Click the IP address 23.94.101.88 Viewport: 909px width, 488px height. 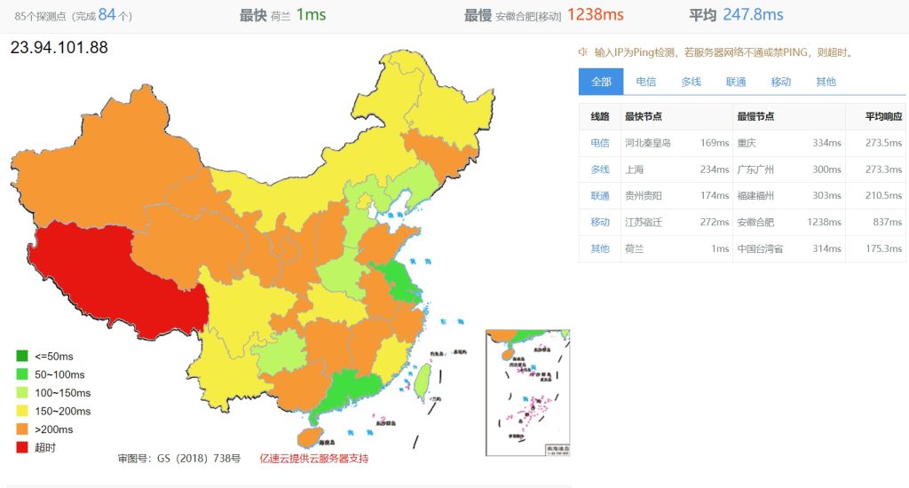tap(59, 48)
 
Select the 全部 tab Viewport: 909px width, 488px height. tap(601, 82)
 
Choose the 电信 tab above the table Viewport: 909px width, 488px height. tap(645, 82)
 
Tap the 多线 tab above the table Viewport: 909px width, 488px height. tap(691, 82)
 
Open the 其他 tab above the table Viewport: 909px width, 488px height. tap(826, 82)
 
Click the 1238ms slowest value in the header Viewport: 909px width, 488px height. tap(595, 15)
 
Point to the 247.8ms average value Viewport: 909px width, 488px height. tap(753, 15)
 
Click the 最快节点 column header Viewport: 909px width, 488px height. tap(644, 116)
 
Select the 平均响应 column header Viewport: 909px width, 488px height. tap(884, 116)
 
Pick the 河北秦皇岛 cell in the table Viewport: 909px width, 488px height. tap(648, 143)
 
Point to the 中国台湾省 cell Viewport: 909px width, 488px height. tap(760, 248)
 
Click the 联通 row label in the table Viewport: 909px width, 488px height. tap(600, 195)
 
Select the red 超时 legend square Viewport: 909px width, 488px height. tap(22, 447)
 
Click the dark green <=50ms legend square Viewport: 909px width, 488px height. tap(22, 357)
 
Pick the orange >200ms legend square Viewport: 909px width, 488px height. tap(22, 429)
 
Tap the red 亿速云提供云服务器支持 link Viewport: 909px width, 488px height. tap(313, 459)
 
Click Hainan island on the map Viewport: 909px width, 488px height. tap(307, 436)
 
